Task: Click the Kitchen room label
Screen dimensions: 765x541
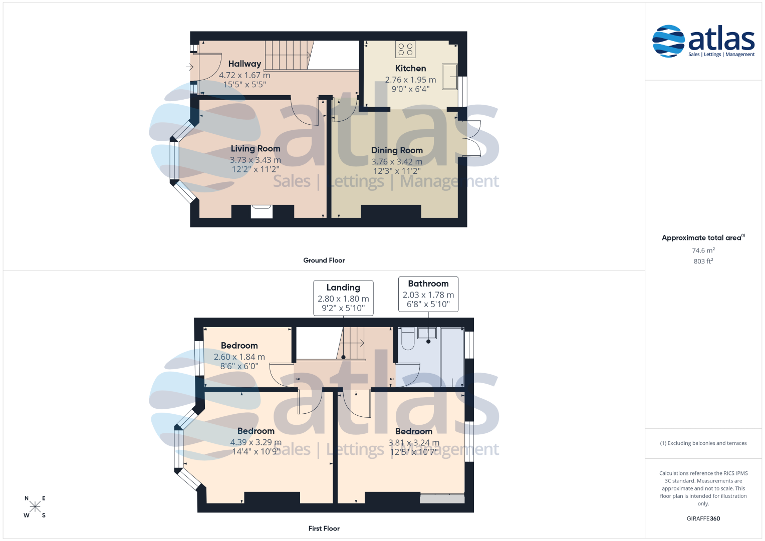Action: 410,68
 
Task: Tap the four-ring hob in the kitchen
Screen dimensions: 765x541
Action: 405,49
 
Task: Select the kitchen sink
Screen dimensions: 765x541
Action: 450,77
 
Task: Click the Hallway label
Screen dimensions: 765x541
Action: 244,64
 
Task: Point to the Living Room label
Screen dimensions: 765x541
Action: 256,149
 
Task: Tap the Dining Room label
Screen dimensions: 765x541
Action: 397,150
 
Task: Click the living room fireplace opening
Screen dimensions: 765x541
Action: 262,211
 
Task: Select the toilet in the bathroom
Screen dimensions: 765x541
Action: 408,339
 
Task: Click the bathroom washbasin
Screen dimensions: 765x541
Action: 427,333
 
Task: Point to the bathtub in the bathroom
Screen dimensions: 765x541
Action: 452,357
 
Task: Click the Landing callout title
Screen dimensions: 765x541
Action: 343,288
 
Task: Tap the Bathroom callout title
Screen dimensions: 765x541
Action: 428,284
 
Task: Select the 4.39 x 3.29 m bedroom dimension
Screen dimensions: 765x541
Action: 256,442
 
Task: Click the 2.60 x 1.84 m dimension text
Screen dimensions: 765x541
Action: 239,357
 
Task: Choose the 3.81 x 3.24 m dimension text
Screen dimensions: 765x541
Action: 414,443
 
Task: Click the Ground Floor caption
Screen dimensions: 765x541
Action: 324,260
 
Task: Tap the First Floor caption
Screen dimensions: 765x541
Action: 324,528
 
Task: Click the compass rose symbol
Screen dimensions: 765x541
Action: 35,506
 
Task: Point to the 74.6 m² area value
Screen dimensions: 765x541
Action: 703,250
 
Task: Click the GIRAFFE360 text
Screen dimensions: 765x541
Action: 703,518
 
